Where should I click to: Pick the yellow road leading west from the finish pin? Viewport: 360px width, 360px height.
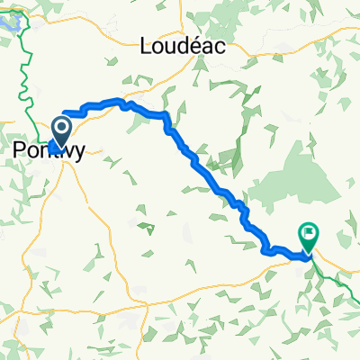click(279, 256)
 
